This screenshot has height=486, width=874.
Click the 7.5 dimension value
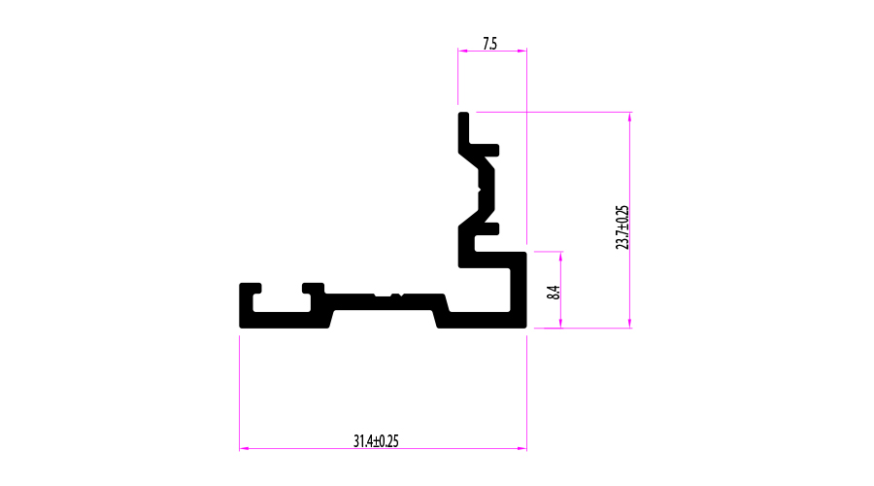490,44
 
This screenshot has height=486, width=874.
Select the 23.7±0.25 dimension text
622,227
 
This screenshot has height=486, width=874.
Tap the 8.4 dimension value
553,293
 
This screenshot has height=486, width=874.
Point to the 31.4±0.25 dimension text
376,441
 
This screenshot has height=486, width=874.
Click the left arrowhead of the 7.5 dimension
462,51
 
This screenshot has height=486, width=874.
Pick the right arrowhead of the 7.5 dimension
522,51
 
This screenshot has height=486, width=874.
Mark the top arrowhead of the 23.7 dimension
630,117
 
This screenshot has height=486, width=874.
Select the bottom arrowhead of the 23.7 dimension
630,324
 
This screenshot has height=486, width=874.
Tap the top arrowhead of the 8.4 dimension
560,256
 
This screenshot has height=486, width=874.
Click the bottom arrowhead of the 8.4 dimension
560,324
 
